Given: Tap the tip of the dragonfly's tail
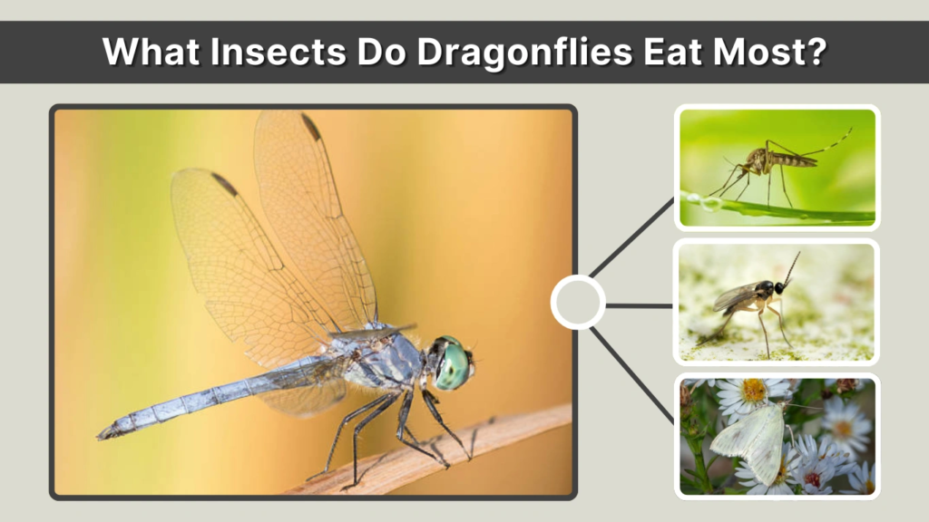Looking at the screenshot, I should [103, 433].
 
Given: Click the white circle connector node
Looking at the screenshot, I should [578, 303].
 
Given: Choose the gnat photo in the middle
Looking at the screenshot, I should [777, 303].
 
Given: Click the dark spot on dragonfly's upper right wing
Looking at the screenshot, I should [311, 127].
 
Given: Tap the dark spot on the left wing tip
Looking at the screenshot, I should [223, 184].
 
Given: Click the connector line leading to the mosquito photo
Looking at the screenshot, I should [631, 237].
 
